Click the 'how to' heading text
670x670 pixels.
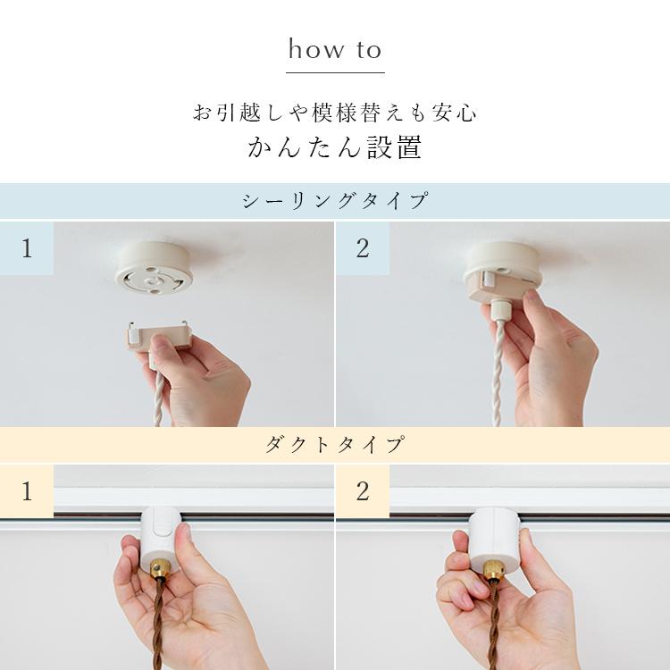335,49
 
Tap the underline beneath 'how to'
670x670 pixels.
335,71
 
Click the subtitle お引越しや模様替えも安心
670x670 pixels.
335,113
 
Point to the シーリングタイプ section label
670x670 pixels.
335,201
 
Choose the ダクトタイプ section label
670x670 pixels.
335,444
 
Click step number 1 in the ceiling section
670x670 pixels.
27,248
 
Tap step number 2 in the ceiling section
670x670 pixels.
362,248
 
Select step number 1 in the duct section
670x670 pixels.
27,490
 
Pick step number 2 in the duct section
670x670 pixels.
362,490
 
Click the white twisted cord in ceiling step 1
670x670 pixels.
160,393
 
